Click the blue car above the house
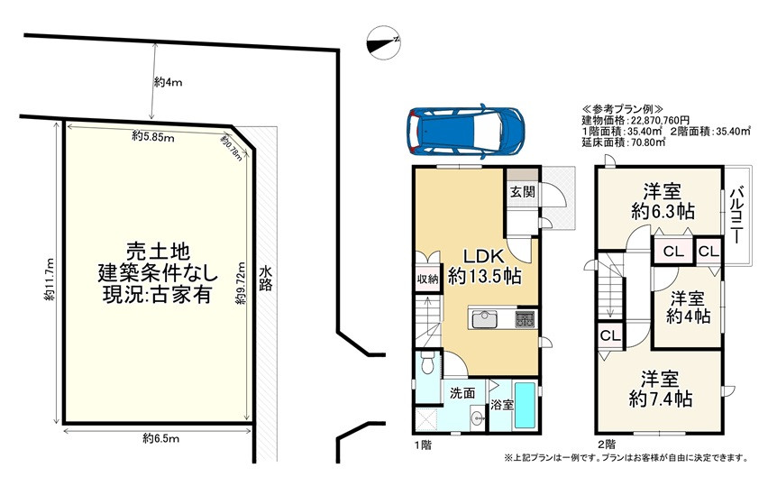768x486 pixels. pos(465,131)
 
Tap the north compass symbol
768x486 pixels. pos(384,42)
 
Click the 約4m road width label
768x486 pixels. pos(168,82)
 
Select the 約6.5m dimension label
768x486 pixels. pos(161,438)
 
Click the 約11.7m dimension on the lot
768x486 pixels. pos(49,280)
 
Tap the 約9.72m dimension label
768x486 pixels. pos(240,284)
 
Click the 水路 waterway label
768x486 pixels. pos(266,279)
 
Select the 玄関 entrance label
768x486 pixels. pos(523,191)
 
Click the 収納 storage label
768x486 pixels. pos(427,280)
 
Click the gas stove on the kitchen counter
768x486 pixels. pos(526,319)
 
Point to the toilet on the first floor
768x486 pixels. pos(427,362)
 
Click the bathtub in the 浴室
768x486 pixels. pos(526,406)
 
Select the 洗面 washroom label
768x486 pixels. pos(462,393)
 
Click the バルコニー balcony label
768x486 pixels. pos(736,216)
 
